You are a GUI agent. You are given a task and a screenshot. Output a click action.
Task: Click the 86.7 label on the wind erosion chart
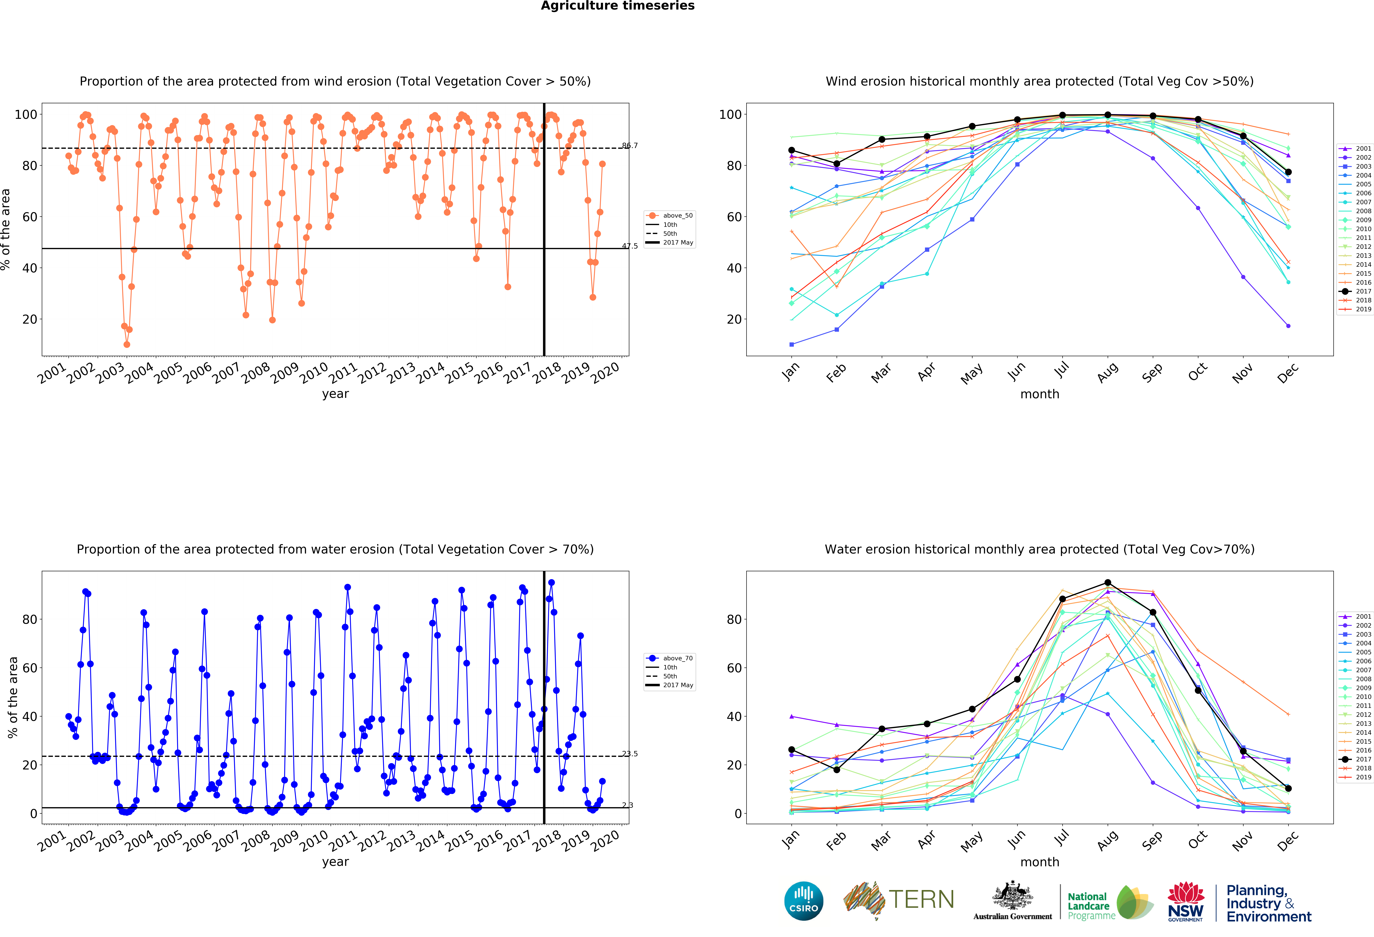click(x=630, y=146)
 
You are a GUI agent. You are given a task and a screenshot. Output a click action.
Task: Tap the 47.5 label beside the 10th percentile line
click(x=630, y=246)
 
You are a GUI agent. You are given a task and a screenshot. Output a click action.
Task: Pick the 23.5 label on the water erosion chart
click(x=630, y=754)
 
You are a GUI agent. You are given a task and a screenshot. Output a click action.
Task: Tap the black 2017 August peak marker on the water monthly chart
click(x=1107, y=583)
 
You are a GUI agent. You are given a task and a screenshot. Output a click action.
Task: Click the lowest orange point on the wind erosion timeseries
click(x=127, y=344)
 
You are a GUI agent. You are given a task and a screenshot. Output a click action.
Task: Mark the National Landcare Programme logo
click(x=1110, y=902)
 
